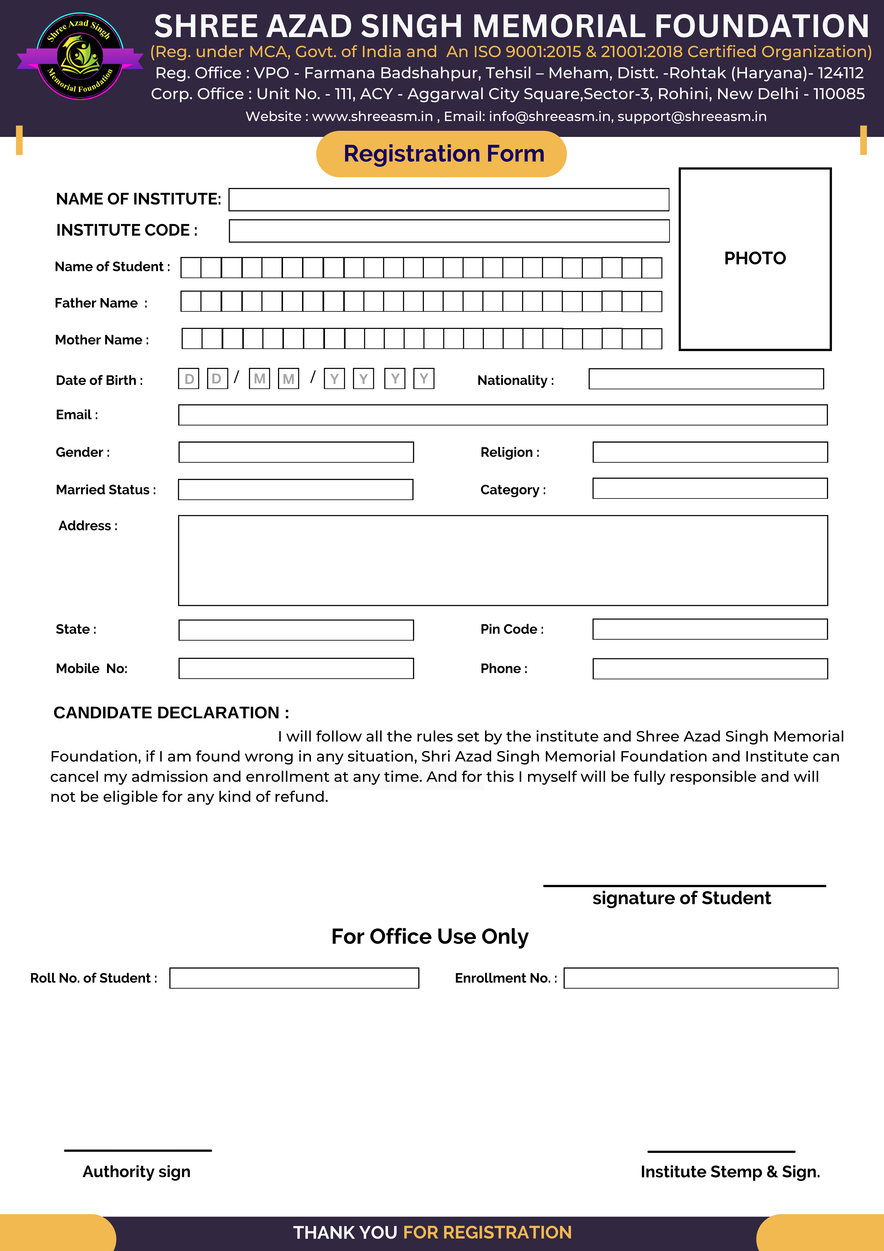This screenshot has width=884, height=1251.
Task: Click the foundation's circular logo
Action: pyautogui.click(x=80, y=56)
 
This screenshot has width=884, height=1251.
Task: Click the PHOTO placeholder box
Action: pyautogui.click(x=755, y=259)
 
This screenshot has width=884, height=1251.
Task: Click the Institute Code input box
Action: pyautogui.click(x=449, y=231)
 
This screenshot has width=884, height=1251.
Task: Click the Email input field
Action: pyautogui.click(x=503, y=415)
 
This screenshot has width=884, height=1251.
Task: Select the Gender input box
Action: pyautogui.click(x=296, y=452)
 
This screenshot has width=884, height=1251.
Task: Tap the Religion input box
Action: pyautogui.click(x=710, y=452)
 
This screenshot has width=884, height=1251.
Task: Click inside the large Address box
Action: pyautogui.click(x=503, y=560)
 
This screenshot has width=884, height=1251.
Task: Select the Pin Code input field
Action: pyautogui.click(x=710, y=629)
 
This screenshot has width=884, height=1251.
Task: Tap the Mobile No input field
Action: pyautogui.click(x=296, y=668)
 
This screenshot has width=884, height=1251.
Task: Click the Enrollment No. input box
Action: pyautogui.click(x=700, y=978)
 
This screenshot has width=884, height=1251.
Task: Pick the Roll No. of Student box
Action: pyautogui.click(x=294, y=978)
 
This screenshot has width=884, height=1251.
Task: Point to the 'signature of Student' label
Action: pyautogui.click(x=681, y=898)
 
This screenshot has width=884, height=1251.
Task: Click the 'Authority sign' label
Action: pyautogui.click(x=137, y=1171)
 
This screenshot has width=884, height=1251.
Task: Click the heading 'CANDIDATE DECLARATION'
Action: pyautogui.click(x=171, y=713)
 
